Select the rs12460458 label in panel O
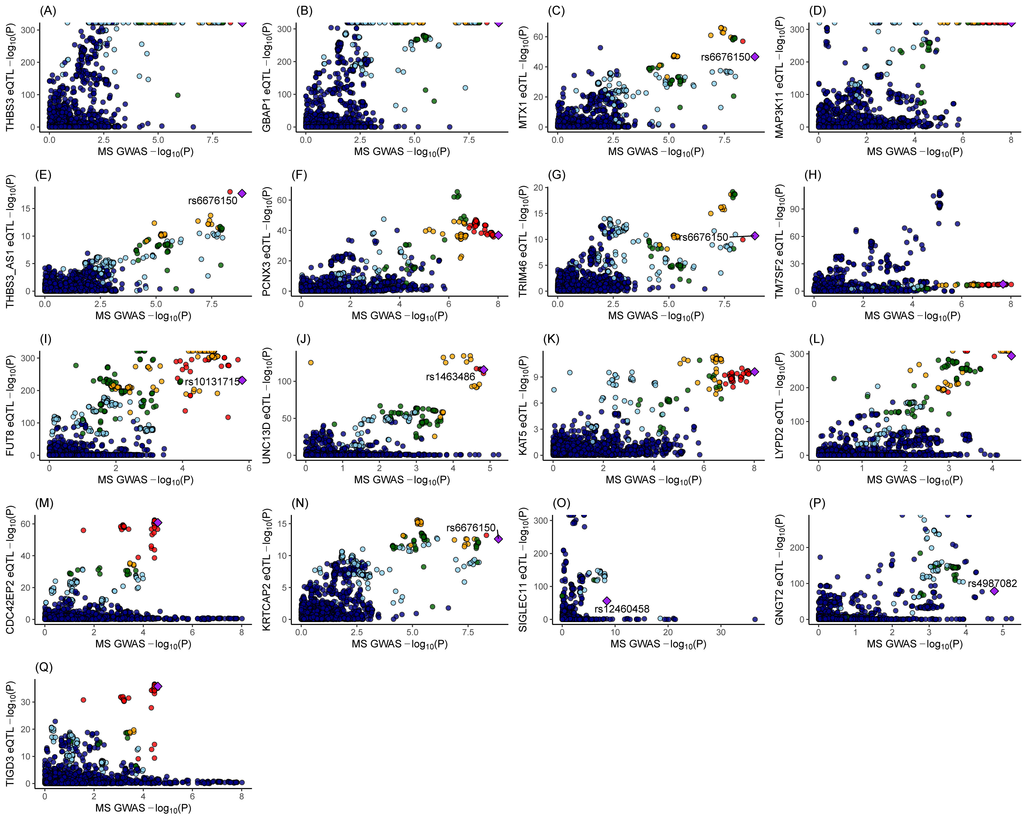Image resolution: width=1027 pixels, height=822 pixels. click(x=622, y=609)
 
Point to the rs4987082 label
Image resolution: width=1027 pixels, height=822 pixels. click(x=992, y=583)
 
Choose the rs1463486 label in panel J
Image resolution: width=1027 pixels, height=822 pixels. click(x=451, y=377)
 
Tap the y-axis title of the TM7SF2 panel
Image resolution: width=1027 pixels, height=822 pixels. click(x=779, y=242)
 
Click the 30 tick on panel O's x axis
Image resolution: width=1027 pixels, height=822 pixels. click(x=721, y=632)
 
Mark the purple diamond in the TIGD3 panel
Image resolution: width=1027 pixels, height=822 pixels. click(x=158, y=686)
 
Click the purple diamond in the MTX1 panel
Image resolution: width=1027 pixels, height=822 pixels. click(x=755, y=57)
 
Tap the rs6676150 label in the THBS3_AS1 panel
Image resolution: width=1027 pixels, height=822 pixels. click(x=212, y=201)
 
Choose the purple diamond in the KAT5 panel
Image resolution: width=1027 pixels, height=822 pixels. click(x=754, y=372)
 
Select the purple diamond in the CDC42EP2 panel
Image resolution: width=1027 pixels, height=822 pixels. click(x=158, y=523)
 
